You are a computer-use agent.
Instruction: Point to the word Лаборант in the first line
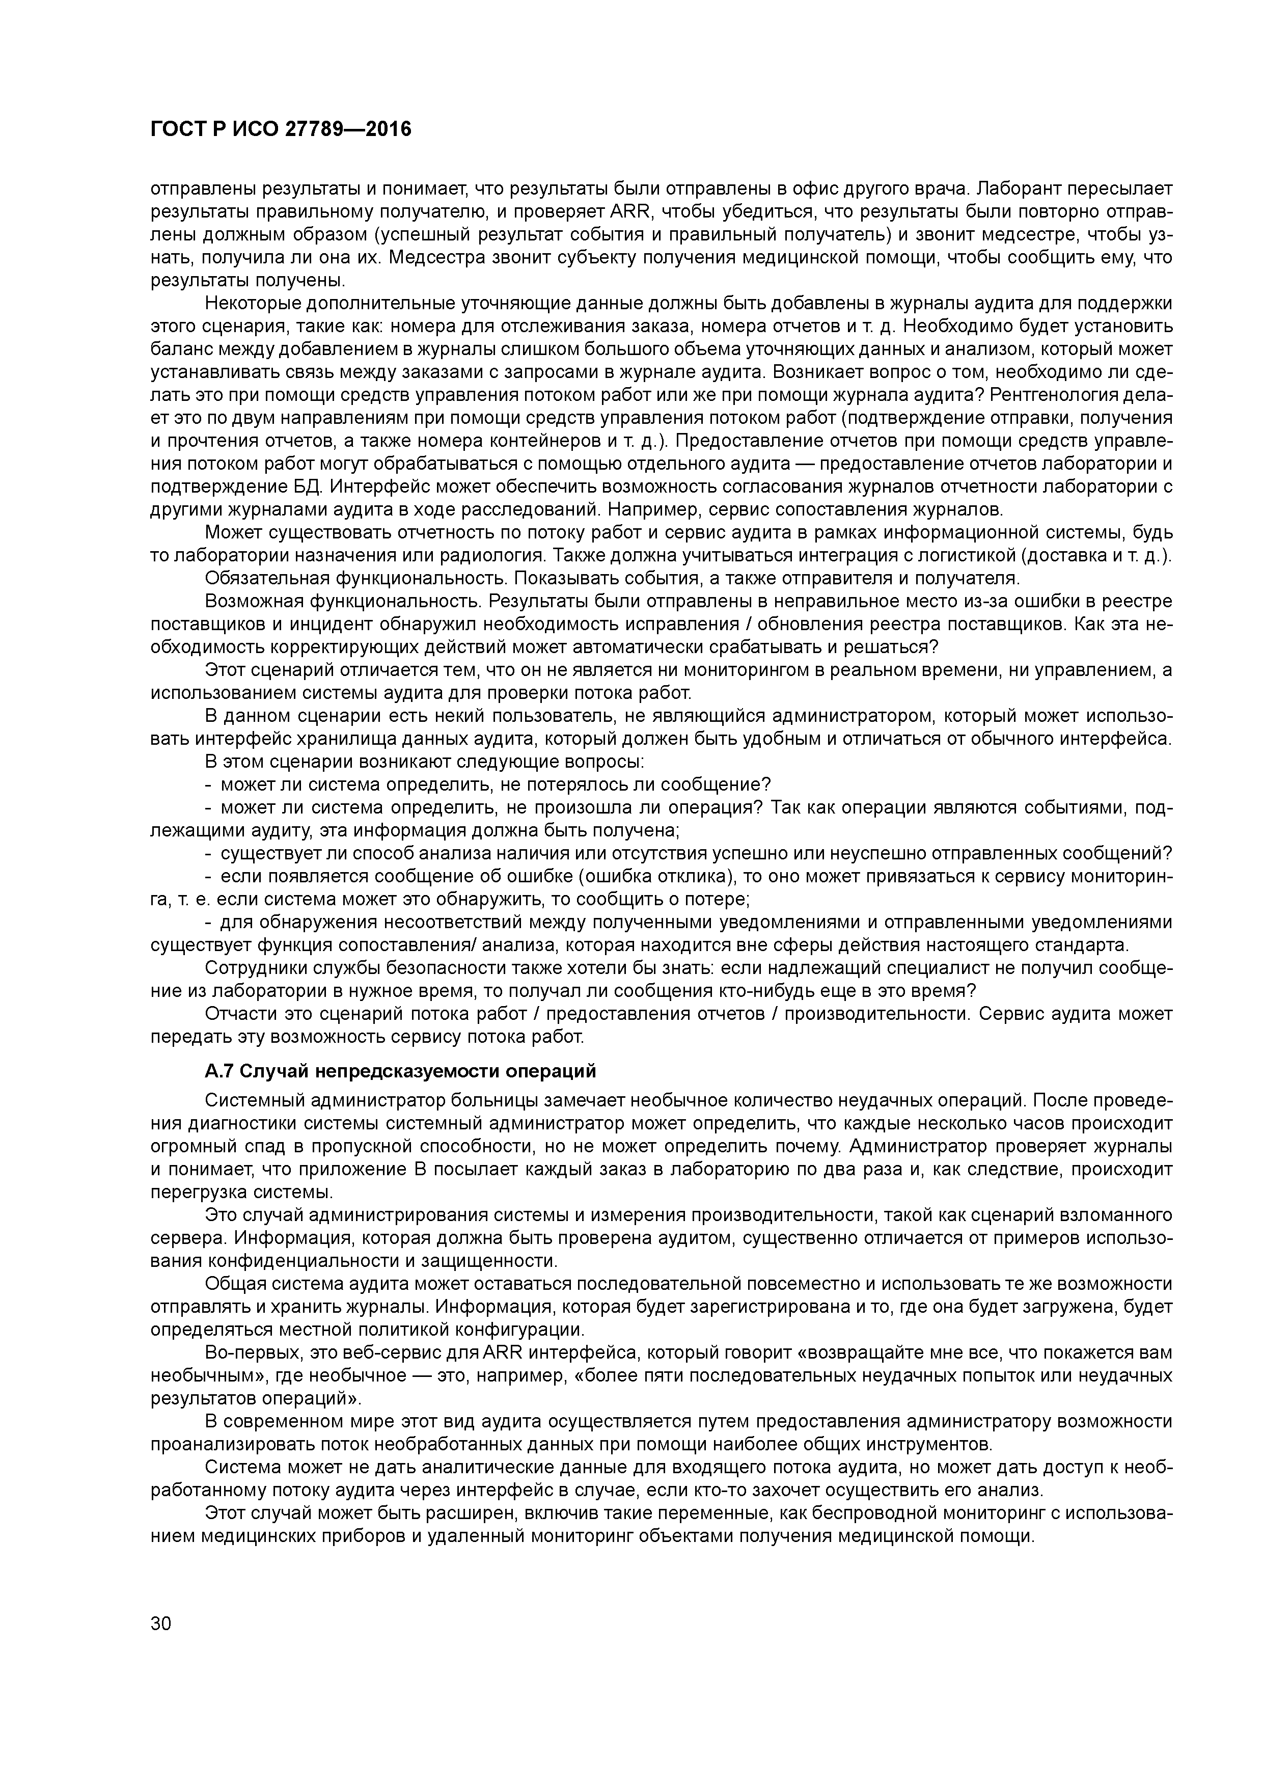click(1017, 188)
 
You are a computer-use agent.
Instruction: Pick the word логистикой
click(959, 556)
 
